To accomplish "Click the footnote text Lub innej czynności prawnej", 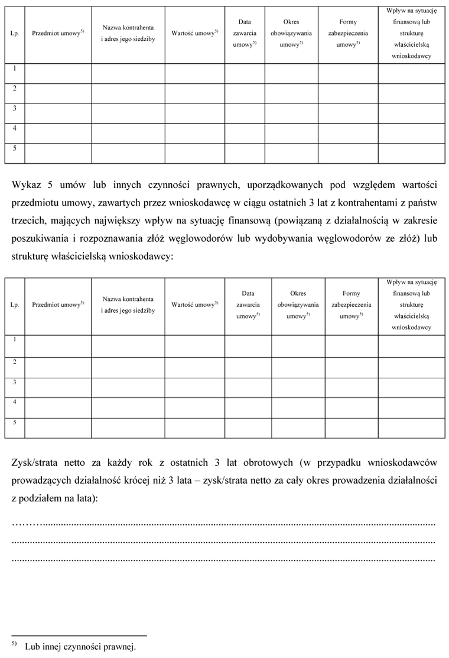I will (80, 646).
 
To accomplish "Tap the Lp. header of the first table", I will (15, 34).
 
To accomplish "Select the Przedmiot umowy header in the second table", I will (58, 304).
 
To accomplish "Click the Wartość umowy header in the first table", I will (194, 34).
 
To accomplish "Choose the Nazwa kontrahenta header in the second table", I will (128, 304).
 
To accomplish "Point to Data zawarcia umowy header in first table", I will (244, 34).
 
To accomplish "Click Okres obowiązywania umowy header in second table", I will (298, 304).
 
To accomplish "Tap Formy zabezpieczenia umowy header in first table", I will (348, 34).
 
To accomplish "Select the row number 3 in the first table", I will (14, 108).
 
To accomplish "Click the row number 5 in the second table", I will (14, 423).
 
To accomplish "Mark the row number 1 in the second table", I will (14, 340).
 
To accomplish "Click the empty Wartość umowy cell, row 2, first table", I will (194, 93).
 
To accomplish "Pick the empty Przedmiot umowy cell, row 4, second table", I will (58, 407).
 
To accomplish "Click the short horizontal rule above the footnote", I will (79, 636).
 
